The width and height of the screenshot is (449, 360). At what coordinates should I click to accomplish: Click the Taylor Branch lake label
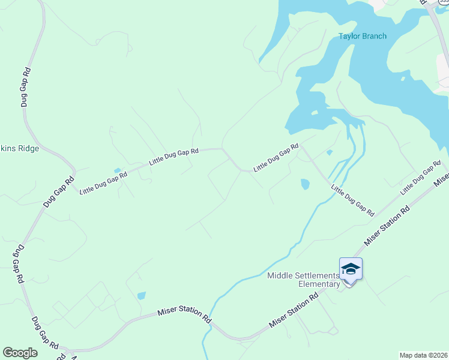click(x=363, y=36)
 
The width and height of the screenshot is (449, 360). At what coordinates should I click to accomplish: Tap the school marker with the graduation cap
click(x=351, y=270)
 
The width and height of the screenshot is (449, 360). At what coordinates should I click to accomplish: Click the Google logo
click(x=20, y=352)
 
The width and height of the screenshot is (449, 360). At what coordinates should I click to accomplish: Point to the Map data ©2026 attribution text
click(x=424, y=355)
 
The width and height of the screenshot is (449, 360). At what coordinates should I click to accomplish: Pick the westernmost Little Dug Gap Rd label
click(x=104, y=182)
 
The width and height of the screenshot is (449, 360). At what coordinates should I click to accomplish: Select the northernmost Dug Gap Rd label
click(x=25, y=87)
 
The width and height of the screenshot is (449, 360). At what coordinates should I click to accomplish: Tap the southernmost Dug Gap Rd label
click(x=45, y=333)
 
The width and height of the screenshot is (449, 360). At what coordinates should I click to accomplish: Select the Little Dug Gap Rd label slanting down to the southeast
click(x=353, y=200)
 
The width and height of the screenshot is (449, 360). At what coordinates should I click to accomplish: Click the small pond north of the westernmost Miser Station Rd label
click(x=141, y=295)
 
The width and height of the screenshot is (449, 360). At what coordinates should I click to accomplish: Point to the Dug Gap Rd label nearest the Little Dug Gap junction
click(x=58, y=191)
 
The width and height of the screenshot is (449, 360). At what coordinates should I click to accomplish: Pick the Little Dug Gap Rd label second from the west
click(x=174, y=157)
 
